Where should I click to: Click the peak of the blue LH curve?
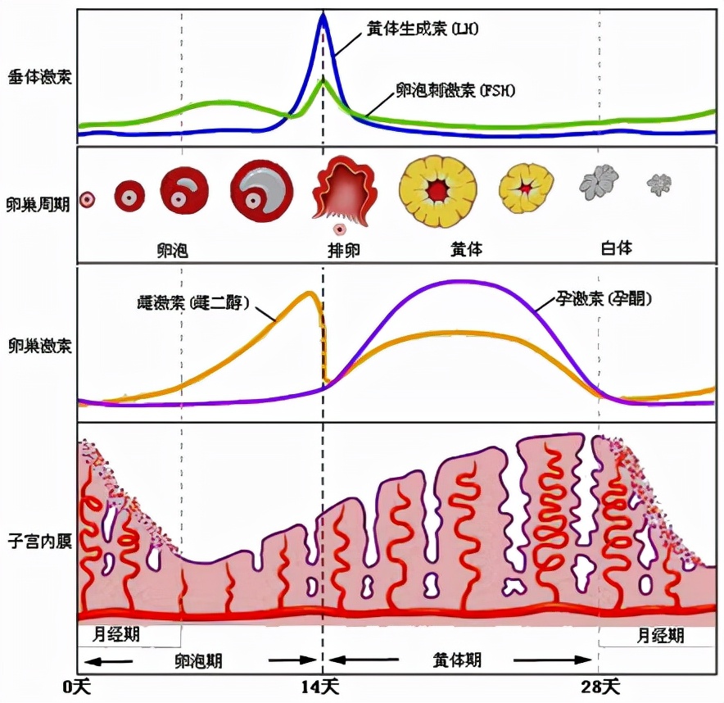pos(323,16)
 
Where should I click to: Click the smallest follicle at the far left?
pos(87,198)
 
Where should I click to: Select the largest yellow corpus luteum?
pos(439,190)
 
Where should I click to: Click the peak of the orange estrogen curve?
pos(309,293)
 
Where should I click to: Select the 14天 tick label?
pos(323,684)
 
